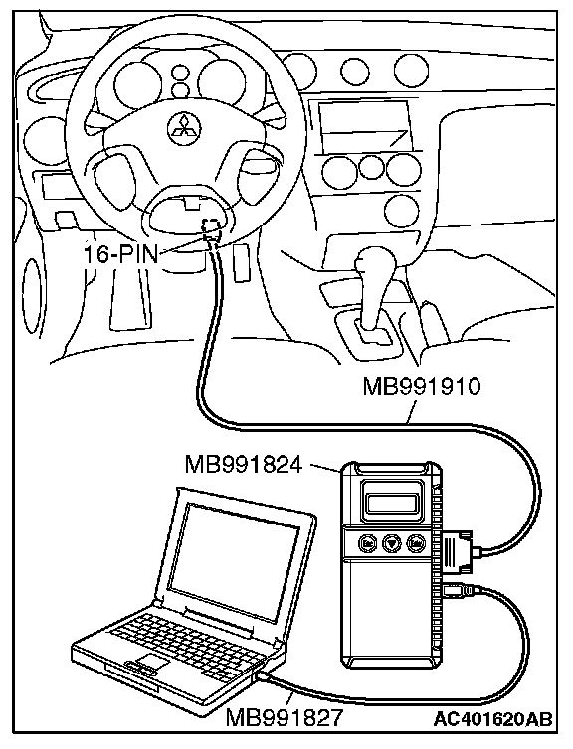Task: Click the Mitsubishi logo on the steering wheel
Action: coord(184,128)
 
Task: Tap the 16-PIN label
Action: coord(120,254)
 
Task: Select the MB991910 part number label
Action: coord(421,387)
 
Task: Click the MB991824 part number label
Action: coord(244,465)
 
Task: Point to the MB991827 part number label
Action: coord(285,717)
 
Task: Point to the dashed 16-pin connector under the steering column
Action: coord(212,227)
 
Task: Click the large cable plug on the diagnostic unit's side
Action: coord(459,551)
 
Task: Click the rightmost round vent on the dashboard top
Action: coord(410,71)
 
